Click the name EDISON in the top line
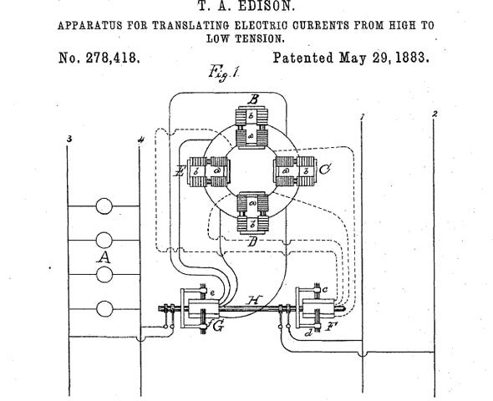tap(266, 6)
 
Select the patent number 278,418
tap(112, 58)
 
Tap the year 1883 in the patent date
tap(412, 58)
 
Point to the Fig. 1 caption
tap(224, 73)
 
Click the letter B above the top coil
tap(253, 100)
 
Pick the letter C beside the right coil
tap(324, 170)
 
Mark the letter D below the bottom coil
tap(252, 242)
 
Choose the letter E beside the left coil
tap(180, 171)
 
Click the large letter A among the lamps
tap(104, 257)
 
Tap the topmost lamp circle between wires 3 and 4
tap(104, 206)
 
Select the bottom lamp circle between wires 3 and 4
tap(104, 308)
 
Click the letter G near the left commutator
tap(218, 327)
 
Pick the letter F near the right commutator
tap(332, 327)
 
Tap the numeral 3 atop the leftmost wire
tap(69, 139)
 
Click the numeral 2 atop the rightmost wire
tap(435, 114)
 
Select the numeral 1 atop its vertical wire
tap(362, 118)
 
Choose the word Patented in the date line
tap(302, 58)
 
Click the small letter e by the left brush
tap(212, 293)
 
